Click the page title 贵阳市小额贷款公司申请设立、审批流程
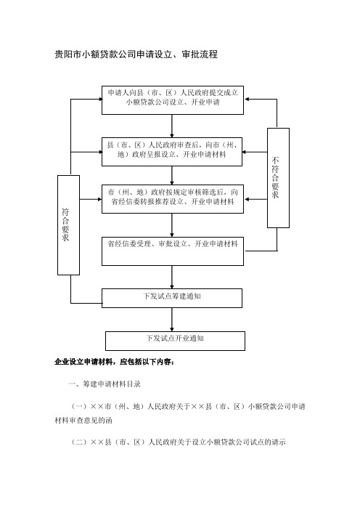click(136, 54)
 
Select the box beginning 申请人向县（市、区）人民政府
click(173, 100)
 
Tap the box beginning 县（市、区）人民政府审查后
click(172, 152)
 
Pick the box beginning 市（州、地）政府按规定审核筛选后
click(173, 199)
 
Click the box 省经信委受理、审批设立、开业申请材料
click(173, 251)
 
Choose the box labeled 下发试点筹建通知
click(172, 299)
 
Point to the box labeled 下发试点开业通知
click(175, 341)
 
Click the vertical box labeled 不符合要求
click(278, 178)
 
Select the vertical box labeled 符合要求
click(68, 225)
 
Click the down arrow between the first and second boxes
click(172, 126)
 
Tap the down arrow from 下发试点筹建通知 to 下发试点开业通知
click(172, 320)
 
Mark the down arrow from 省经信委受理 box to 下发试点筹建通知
click(172, 277)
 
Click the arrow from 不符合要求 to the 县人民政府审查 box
click(255, 152)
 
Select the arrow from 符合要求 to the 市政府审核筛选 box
click(91, 199)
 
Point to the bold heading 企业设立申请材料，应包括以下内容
click(115, 362)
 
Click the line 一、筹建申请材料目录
click(105, 384)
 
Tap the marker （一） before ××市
click(80, 407)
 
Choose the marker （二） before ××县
click(80, 442)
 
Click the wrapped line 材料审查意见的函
click(83, 421)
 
